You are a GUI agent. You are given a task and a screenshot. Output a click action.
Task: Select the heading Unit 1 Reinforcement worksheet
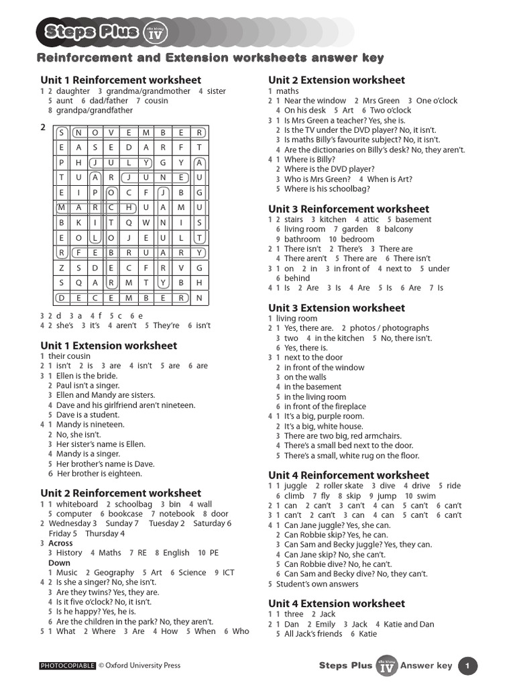tap(121, 80)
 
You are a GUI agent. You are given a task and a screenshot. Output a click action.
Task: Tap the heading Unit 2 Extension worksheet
tap(337, 80)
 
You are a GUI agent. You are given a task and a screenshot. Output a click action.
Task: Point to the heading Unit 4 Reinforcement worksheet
tap(349, 475)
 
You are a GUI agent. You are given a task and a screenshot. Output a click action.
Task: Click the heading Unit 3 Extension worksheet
tap(337, 308)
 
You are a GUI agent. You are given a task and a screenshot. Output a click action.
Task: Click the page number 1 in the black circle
tap(467, 666)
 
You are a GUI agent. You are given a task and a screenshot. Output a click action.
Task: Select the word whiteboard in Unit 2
tap(77, 504)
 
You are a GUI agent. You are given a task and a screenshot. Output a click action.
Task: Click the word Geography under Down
tap(114, 572)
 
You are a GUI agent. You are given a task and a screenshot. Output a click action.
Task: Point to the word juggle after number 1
tap(296, 486)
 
